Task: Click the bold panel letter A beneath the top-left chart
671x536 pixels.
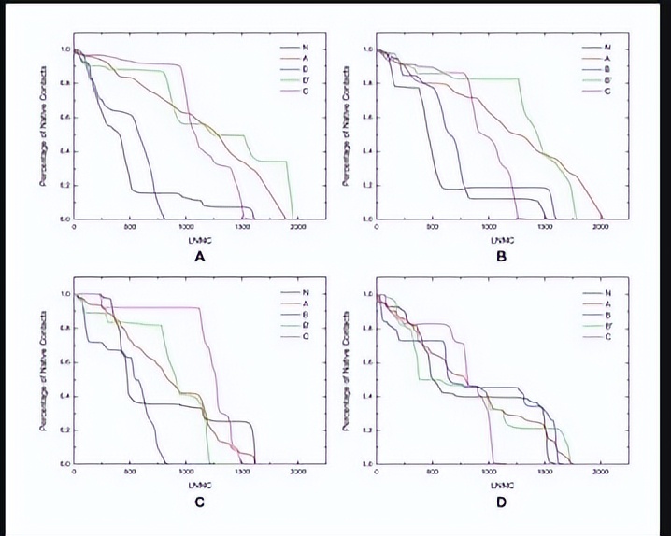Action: pyautogui.click(x=198, y=258)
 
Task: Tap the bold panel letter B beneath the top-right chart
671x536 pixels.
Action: pyautogui.click(x=502, y=258)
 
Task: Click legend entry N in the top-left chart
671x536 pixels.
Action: pyautogui.click(x=305, y=47)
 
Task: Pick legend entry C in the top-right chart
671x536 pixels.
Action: pyautogui.click(x=607, y=92)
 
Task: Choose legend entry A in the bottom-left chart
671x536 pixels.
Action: pyautogui.click(x=305, y=303)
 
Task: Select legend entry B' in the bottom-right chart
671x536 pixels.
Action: pyautogui.click(x=607, y=327)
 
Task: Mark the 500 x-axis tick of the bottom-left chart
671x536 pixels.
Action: pyautogui.click(x=131, y=473)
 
